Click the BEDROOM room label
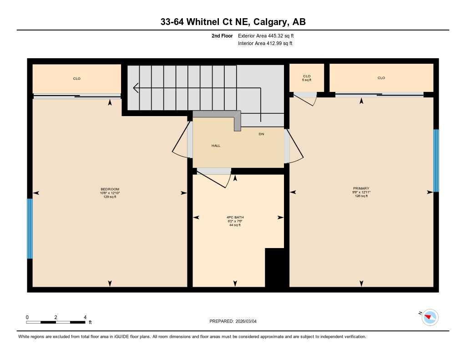110,189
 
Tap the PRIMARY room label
361,188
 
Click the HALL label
216,146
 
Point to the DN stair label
261,134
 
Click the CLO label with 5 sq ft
307,78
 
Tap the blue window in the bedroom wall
30,228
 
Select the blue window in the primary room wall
436,161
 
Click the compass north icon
430,317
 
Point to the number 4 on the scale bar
85,317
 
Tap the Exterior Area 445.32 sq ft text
269,35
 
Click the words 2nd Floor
222,35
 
